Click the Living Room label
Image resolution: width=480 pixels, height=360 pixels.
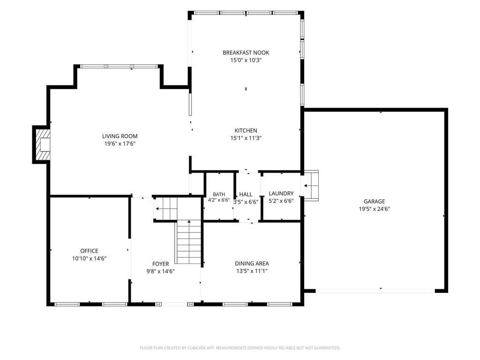pos(120,136)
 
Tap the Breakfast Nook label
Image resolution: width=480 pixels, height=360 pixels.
pos(246,52)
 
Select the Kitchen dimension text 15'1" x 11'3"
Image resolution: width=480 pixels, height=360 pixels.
pos(246,138)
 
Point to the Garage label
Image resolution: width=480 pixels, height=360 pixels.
pos(374,202)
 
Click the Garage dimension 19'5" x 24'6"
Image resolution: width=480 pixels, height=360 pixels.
pos(374,209)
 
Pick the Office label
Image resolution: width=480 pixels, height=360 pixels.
pos(89,251)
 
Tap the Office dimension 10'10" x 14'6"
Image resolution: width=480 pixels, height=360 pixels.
pos(89,259)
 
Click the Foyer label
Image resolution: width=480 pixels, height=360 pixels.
pos(160,264)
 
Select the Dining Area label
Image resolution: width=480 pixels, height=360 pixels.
pos(252,263)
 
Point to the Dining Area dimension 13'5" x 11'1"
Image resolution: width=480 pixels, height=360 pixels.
pos(252,271)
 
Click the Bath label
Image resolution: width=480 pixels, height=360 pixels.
pos(219,195)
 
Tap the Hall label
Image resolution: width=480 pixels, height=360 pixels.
pos(246,195)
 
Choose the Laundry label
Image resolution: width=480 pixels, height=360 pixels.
pos(281,194)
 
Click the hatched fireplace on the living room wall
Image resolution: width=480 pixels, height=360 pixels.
pos(42,144)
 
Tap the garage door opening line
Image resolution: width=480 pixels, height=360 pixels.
pos(375,291)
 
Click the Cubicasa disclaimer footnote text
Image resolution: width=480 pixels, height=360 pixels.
pos(240,348)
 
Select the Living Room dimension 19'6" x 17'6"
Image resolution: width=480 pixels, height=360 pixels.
pos(120,144)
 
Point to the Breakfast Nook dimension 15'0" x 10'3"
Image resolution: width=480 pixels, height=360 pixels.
pos(246,60)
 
